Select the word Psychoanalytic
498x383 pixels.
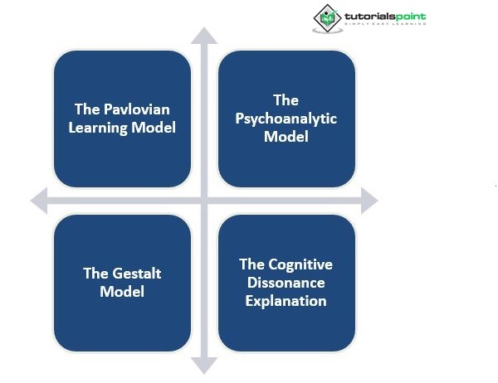point(286,119)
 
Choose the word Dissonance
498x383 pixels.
point(286,283)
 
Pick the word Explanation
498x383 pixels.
point(286,301)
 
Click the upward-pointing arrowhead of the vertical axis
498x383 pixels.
point(203,36)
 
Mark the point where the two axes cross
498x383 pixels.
point(203,200)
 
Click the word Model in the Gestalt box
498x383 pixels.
point(122,291)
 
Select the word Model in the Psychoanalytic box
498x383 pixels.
point(286,136)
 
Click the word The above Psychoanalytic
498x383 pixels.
point(286,100)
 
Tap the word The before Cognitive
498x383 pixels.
point(252,264)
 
